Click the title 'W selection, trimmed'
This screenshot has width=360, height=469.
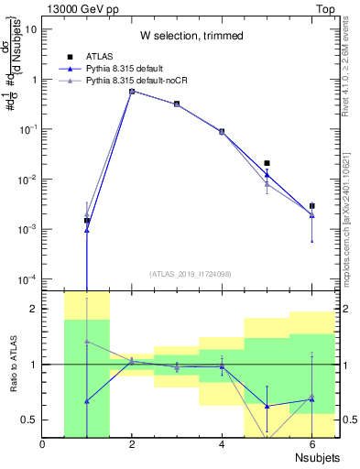[x=191, y=36]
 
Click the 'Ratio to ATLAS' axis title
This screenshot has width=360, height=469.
[x=13, y=364]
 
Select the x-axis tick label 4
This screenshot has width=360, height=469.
[x=223, y=445]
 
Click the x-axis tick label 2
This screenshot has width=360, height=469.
[x=133, y=445]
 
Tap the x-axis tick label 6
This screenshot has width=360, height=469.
[x=311, y=445]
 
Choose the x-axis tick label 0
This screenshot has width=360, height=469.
[x=43, y=445]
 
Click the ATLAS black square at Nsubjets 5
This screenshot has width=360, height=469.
[x=267, y=163]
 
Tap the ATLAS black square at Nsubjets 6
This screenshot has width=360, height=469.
[x=311, y=206]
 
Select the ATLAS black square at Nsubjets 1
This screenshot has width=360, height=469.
[x=87, y=221]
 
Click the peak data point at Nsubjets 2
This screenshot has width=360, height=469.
[x=132, y=91]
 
